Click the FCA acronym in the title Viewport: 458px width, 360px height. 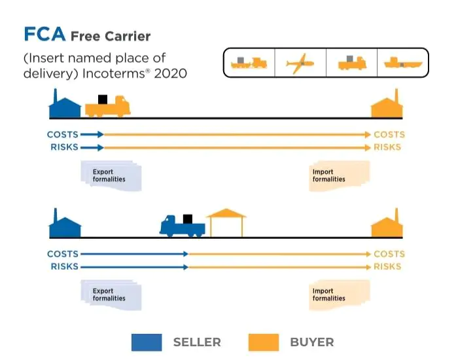tap(44, 35)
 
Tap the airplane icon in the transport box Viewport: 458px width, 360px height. tap(300, 63)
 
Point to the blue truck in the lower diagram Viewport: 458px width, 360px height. tap(183, 226)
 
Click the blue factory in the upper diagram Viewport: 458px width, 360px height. tap(65, 105)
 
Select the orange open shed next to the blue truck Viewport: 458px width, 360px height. tap(226, 222)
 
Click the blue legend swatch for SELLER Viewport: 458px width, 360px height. tap(147, 342)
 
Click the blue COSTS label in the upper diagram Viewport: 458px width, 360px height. tap(63, 135)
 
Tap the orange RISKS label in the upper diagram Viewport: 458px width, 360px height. tap(387, 147)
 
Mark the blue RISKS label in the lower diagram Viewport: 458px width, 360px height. tap(64, 266)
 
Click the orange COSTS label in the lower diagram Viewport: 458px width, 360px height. tap(389, 254)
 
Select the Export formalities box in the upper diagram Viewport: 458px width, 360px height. tap(110, 176)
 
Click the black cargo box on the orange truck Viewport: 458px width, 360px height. tap(102, 99)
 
